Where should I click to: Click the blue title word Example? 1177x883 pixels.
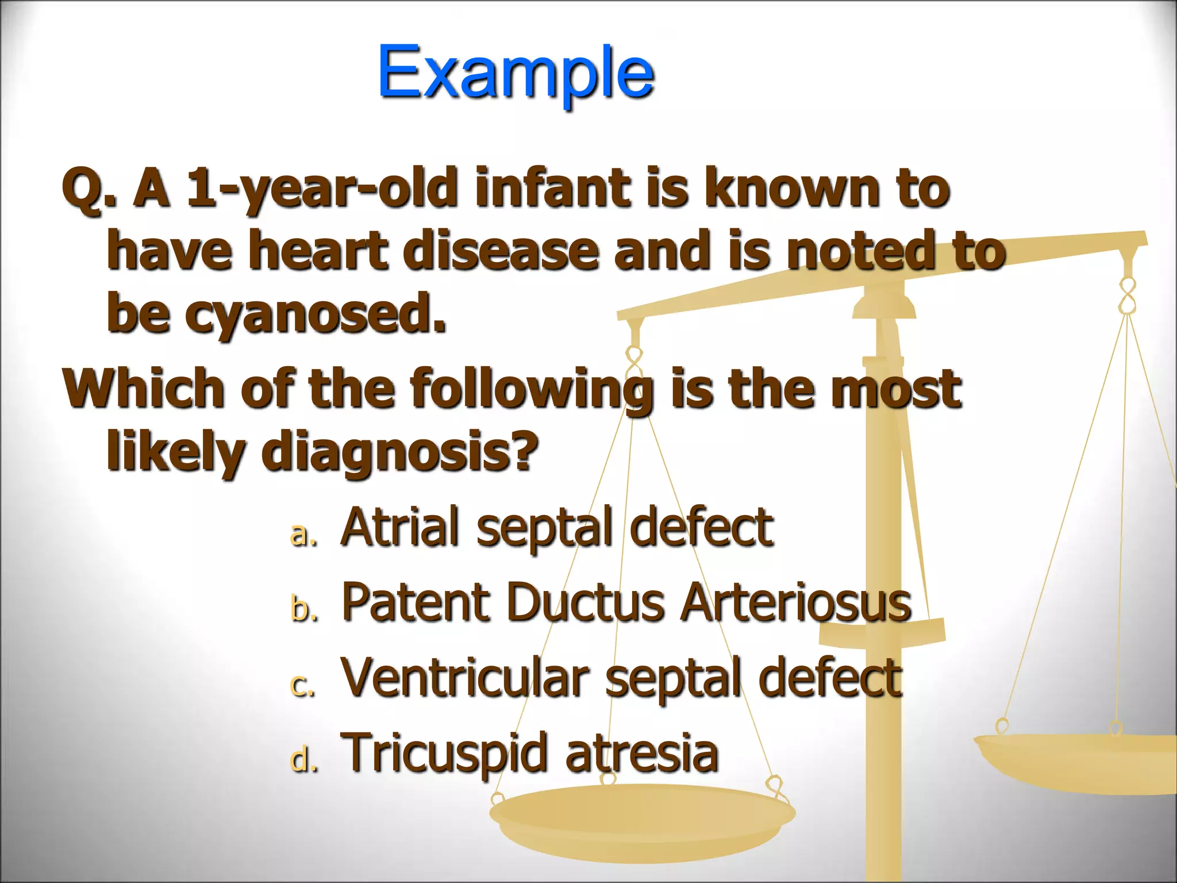point(516,74)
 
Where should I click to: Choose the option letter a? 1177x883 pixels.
point(302,534)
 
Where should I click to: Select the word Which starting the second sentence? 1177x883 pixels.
point(144,389)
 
